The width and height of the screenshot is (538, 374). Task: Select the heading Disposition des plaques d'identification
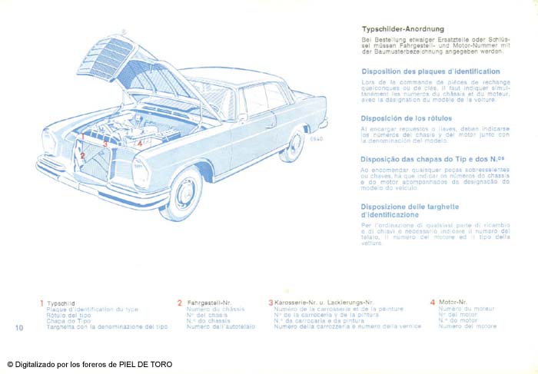(x=430, y=71)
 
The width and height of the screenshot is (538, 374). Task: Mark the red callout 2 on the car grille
(x=82, y=156)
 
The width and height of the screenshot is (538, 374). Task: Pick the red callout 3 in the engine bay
(x=105, y=143)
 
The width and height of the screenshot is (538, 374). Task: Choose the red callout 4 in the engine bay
(x=139, y=142)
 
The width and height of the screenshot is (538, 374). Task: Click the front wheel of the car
(x=183, y=195)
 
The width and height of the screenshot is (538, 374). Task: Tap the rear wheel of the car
(x=293, y=144)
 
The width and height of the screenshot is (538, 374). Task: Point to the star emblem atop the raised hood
(x=123, y=31)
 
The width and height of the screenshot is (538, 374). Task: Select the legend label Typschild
(x=60, y=303)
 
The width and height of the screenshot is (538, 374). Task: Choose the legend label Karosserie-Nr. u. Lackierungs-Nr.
(x=324, y=303)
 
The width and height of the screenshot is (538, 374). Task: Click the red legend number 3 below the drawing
(x=271, y=303)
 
